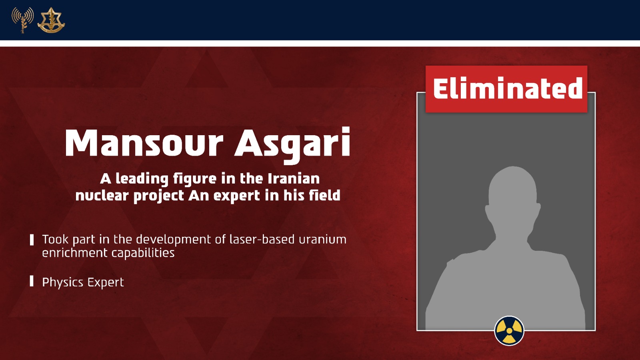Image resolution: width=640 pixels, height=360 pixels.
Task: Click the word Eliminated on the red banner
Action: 508,88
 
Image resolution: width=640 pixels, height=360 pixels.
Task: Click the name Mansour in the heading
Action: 144,142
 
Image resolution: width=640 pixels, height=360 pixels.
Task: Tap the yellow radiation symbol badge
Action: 509,330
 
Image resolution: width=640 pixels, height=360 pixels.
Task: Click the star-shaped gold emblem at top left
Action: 51,20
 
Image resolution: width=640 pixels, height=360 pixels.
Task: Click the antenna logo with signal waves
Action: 22,20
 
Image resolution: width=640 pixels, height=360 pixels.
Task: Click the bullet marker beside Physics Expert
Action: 32,281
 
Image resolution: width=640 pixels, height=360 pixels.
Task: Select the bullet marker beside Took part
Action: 32,240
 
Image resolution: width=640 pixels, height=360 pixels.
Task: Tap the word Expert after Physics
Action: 106,282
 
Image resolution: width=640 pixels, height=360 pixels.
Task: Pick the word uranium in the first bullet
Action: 322,240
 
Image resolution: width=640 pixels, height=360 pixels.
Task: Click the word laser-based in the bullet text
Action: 262,239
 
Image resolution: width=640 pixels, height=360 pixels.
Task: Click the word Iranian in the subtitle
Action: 294,179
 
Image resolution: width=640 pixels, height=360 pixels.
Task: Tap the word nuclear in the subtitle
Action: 102,196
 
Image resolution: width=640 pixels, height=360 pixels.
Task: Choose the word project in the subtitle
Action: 158,196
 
